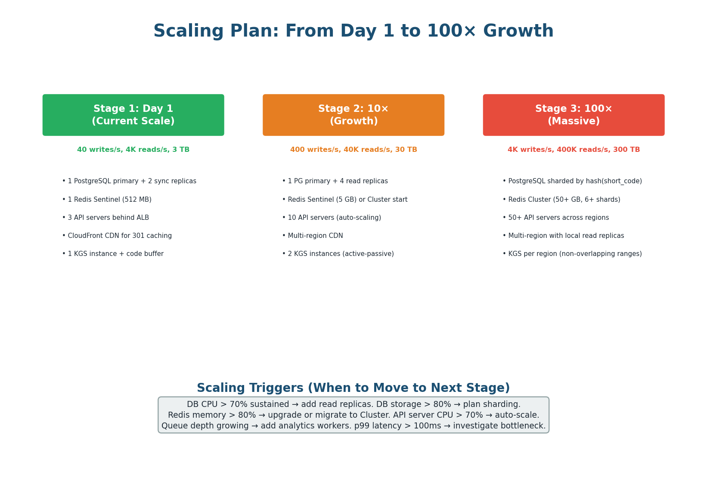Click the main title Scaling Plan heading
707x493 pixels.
point(353,31)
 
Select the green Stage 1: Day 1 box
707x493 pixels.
point(133,115)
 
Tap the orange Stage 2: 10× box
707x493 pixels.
point(353,115)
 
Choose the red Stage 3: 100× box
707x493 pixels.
point(574,115)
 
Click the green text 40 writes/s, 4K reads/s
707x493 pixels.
point(133,150)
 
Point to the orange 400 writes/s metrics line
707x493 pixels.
point(353,150)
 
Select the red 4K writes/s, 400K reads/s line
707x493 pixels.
point(574,150)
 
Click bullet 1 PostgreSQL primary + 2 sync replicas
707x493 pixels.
point(129,181)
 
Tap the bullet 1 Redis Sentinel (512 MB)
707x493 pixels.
point(107,200)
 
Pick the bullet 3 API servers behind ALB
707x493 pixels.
point(105,218)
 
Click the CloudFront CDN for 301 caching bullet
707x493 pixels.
point(117,236)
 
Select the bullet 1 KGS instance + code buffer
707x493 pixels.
point(113,254)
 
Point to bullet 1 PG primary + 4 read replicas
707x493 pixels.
point(335,181)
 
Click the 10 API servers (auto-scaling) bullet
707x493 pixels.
point(332,218)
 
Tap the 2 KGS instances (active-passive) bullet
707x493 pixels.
point(338,254)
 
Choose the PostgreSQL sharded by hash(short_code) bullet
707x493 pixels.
point(572,181)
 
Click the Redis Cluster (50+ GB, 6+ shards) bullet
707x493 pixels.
point(561,200)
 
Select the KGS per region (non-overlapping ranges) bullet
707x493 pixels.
point(572,254)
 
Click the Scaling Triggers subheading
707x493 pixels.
point(353,388)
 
